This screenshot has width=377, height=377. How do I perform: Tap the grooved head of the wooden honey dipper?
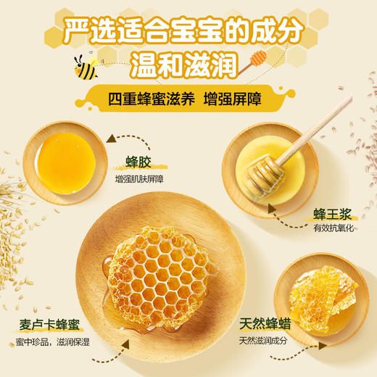click(x=258, y=178)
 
